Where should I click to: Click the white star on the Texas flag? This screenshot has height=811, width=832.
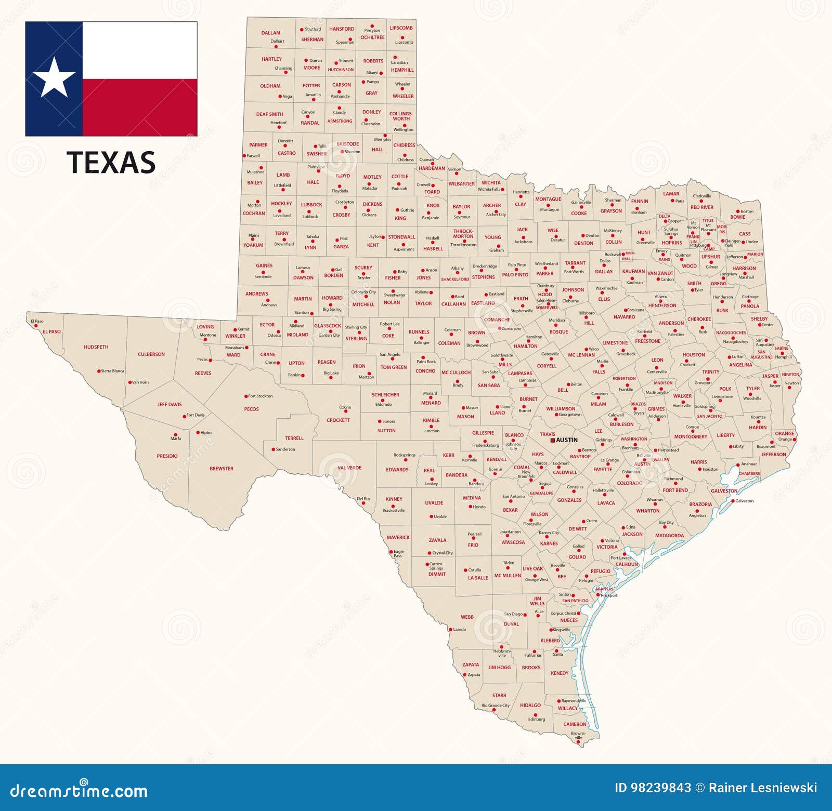pyautogui.click(x=54, y=78)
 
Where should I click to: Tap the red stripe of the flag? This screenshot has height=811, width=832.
pyautogui.click(x=139, y=107)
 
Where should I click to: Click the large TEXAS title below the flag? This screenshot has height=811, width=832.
pyautogui.click(x=111, y=163)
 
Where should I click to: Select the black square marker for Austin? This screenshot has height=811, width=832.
pyautogui.click(x=552, y=440)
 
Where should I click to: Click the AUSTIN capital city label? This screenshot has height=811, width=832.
pyautogui.click(x=567, y=440)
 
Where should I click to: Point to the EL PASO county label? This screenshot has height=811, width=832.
pyautogui.click(x=51, y=331)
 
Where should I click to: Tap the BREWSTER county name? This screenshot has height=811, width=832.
pyautogui.click(x=222, y=469)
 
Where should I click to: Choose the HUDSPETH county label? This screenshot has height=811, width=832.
pyautogui.click(x=96, y=347)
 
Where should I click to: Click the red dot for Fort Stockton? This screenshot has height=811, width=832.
pyautogui.click(x=246, y=396)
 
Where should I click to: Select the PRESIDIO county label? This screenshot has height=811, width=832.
pyautogui.click(x=167, y=456)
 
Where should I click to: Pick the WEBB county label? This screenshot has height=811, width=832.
pyautogui.click(x=467, y=617)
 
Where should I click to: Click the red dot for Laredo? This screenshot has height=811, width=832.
pyautogui.click(x=451, y=630)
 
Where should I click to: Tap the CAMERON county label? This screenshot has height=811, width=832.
pyautogui.click(x=575, y=724)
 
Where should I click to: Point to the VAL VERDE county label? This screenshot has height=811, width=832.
pyautogui.click(x=349, y=468)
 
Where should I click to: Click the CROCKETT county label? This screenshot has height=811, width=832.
pyautogui.click(x=338, y=420)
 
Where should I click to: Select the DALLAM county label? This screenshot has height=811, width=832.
pyautogui.click(x=270, y=33)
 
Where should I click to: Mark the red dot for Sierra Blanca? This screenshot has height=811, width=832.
pyautogui.click(x=99, y=371)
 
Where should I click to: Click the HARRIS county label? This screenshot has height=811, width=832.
pyautogui.click(x=698, y=462)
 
